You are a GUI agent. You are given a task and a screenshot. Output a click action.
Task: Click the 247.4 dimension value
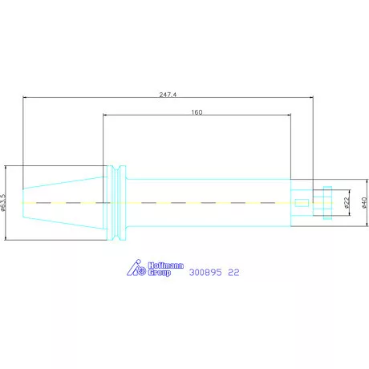[168, 95]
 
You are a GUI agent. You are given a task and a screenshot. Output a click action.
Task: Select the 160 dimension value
[197, 112]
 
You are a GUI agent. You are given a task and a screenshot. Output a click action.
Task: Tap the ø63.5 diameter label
[3, 202]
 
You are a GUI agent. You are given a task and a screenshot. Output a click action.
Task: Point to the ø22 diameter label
[347, 203]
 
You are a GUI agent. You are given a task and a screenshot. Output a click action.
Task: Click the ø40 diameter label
[364, 203]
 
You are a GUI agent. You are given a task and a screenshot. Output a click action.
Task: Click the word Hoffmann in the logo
[166, 266]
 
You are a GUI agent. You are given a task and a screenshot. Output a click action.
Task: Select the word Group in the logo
[160, 273]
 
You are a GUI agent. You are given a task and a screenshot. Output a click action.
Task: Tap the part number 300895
[205, 273]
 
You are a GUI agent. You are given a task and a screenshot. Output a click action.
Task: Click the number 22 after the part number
[233, 273]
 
